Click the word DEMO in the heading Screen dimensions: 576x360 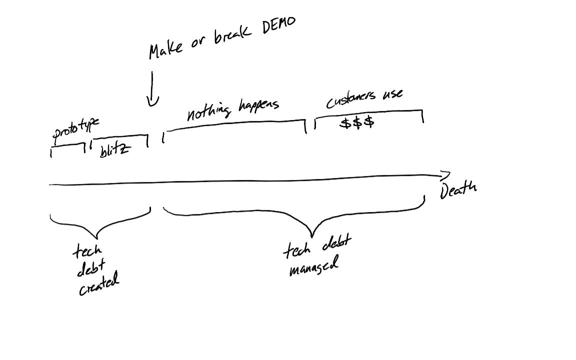tap(279, 25)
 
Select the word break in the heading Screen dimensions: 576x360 tap(232, 35)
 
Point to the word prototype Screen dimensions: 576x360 tap(75, 129)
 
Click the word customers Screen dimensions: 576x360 tap(351, 99)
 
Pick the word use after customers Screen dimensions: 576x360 tap(392, 94)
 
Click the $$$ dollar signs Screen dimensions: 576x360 tap(357, 122)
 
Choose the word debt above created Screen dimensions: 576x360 tap(91, 268)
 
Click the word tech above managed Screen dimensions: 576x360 tap(297, 250)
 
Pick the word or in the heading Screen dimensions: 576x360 tap(197, 42)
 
